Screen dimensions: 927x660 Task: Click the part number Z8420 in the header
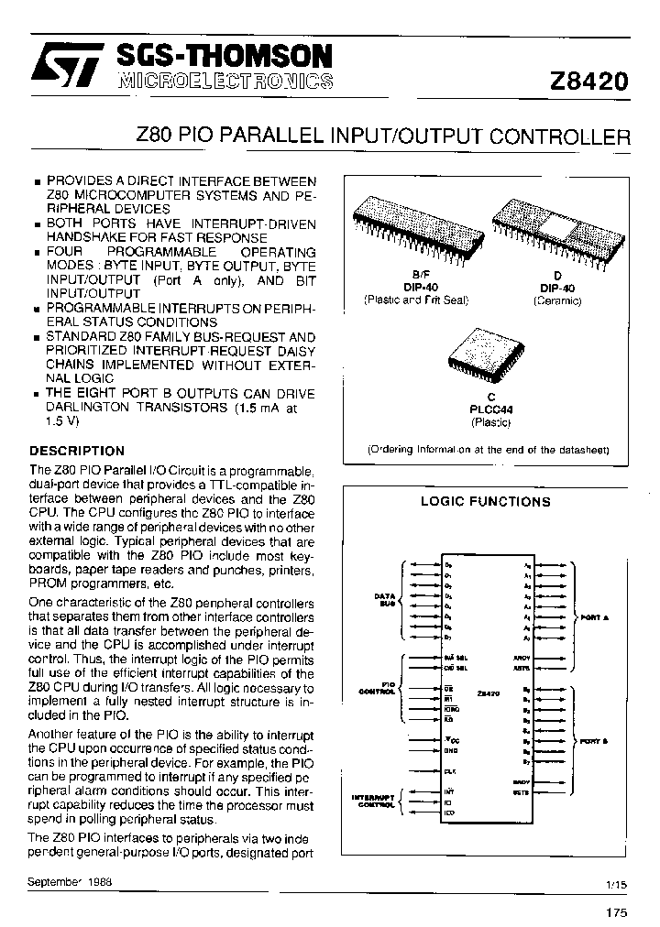pos(588,81)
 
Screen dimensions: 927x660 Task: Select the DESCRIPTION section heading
pos(77,451)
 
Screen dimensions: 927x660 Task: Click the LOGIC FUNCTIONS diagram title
pos(485,501)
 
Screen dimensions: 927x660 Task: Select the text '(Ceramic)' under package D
pos(557,300)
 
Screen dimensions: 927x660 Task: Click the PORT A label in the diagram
pos(595,618)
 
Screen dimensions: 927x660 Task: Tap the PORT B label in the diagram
pos(595,740)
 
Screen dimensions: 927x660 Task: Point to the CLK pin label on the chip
pos(450,771)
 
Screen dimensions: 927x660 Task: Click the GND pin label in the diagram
pos(450,750)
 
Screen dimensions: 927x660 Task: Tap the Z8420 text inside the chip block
pos(489,696)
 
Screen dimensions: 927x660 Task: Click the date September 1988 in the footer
pos(79,880)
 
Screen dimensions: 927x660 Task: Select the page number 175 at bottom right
pos(618,912)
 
